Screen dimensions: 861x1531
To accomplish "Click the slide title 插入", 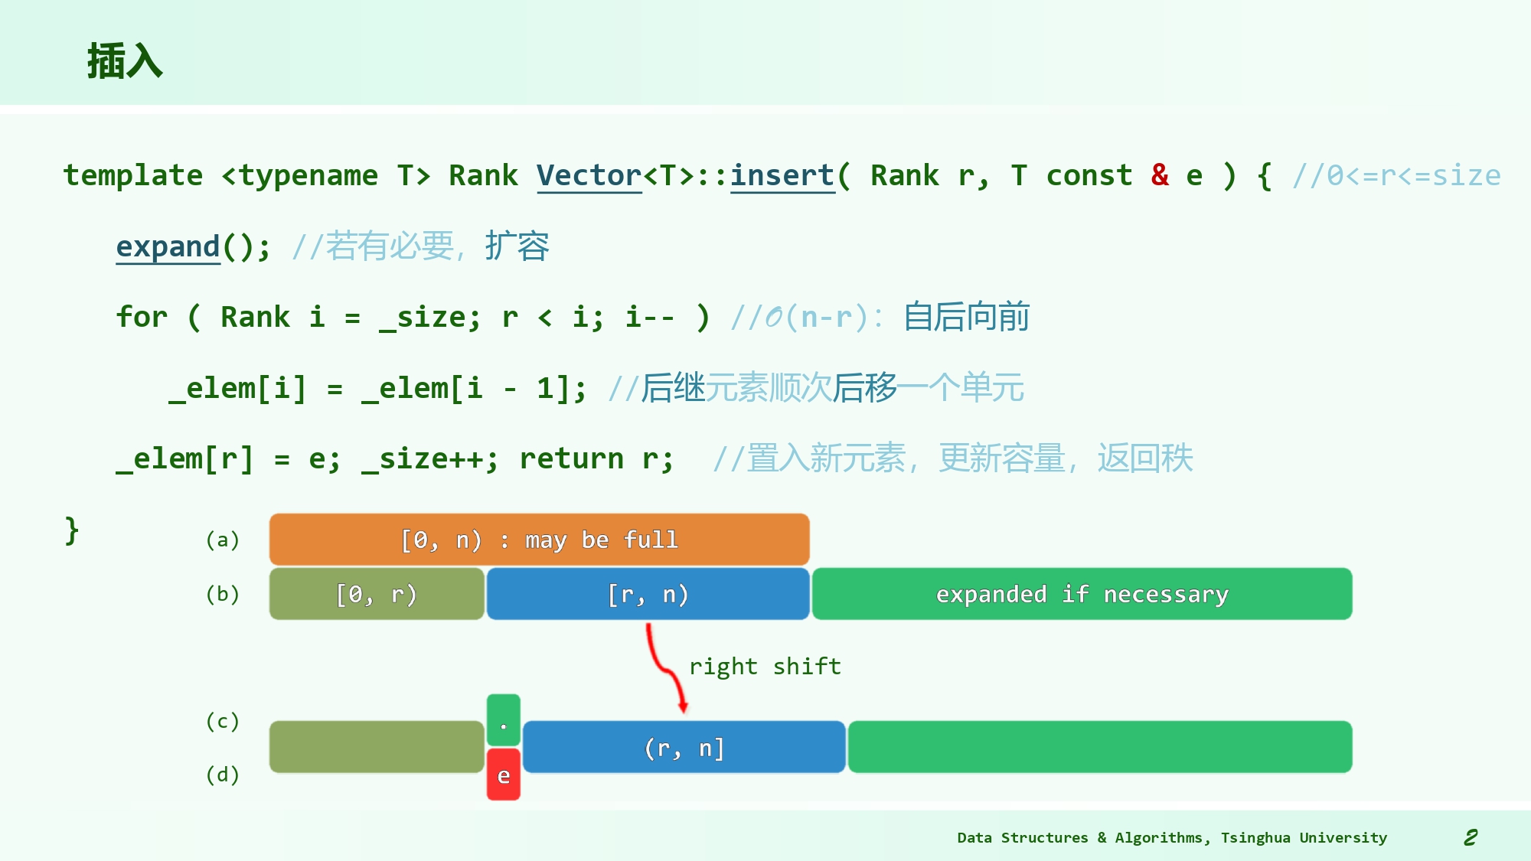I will pyautogui.click(x=125, y=61).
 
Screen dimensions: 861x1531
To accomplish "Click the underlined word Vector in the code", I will pyautogui.click(x=589, y=176).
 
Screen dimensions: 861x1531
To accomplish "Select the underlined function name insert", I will pyautogui.click(x=782, y=176).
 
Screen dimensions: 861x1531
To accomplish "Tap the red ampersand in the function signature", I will pyautogui.click(x=1160, y=175).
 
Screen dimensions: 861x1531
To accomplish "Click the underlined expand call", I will pyautogui.click(x=168, y=246).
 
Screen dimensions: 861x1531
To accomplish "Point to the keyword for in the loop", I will pyautogui.click(x=142, y=317).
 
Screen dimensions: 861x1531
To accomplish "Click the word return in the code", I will pyautogui.click(x=571, y=458).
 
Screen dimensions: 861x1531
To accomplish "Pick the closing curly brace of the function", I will pyautogui.click(x=71, y=530).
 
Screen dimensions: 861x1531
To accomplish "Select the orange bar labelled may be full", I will pyautogui.click(x=539, y=540).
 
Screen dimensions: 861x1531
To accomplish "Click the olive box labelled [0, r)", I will pyautogui.click(x=377, y=594).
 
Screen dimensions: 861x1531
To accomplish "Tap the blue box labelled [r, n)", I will pyautogui.click(x=648, y=594).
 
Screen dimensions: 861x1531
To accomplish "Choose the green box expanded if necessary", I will pyautogui.click(x=1082, y=594).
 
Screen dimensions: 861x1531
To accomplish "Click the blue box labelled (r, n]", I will pyautogui.click(x=684, y=747).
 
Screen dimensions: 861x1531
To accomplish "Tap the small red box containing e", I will pyautogui.click(x=503, y=775).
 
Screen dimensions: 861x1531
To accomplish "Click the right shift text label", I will pyautogui.click(x=765, y=667).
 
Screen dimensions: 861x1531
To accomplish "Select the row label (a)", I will pyautogui.click(x=223, y=540).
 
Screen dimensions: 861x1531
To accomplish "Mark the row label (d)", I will pyautogui.click(x=223, y=775).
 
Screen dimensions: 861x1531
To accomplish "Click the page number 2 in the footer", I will pyautogui.click(x=1471, y=837).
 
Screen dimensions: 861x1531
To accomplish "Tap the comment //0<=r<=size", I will pyautogui.click(x=1396, y=176).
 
